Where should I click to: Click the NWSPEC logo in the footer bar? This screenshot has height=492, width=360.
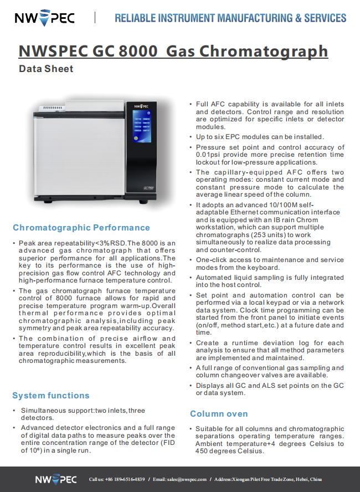[55, 479]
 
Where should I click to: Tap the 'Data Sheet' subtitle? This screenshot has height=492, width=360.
[46, 69]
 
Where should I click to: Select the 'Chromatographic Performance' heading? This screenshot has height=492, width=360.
[81, 228]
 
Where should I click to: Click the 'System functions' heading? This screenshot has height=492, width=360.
[51, 396]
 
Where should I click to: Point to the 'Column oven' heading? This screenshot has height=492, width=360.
[219, 414]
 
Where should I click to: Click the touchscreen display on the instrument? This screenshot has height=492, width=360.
[142, 129]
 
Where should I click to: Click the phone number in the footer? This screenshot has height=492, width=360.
[125, 479]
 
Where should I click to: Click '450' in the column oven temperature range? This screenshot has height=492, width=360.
[203, 451]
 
